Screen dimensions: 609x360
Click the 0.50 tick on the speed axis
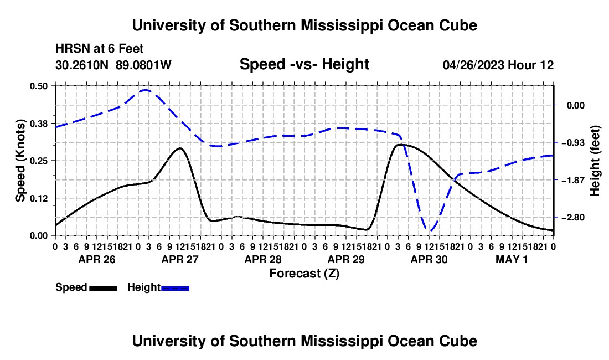pyautogui.click(x=39, y=86)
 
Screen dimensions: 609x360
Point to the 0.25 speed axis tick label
pyautogui.click(x=39, y=161)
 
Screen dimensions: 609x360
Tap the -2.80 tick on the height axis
pyautogui.click(x=573, y=218)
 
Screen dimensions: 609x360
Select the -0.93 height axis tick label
pyautogui.click(x=573, y=143)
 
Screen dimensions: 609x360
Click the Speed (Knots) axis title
pyautogui.click(x=20, y=161)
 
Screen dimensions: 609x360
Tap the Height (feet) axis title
pyautogui.click(x=595, y=161)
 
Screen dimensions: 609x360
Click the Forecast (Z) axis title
pyautogui.click(x=304, y=274)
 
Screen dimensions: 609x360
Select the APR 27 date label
pyautogui.click(x=180, y=259)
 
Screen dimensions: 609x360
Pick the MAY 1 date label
pyautogui.click(x=512, y=259)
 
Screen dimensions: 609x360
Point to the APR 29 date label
pyautogui.click(x=346, y=259)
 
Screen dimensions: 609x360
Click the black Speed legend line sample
pyautogui.click(x=104, y=288)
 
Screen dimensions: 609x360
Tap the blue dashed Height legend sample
pyautogui.click(x=175, y=288)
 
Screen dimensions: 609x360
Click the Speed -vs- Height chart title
pyautogui.click(x=304, y=64)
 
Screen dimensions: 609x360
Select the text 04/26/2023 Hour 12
pyautogui.click(x=498, y=65)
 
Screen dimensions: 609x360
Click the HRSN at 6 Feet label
pyautogui.click(x=100, y=49)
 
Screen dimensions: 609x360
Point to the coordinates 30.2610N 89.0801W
pyautogui.click(x=113, y=65)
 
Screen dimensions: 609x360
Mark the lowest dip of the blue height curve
pyautogui.click(x=430, y=231)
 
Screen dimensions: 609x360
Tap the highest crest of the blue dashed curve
pyautogui.click(x=145, y=90)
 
